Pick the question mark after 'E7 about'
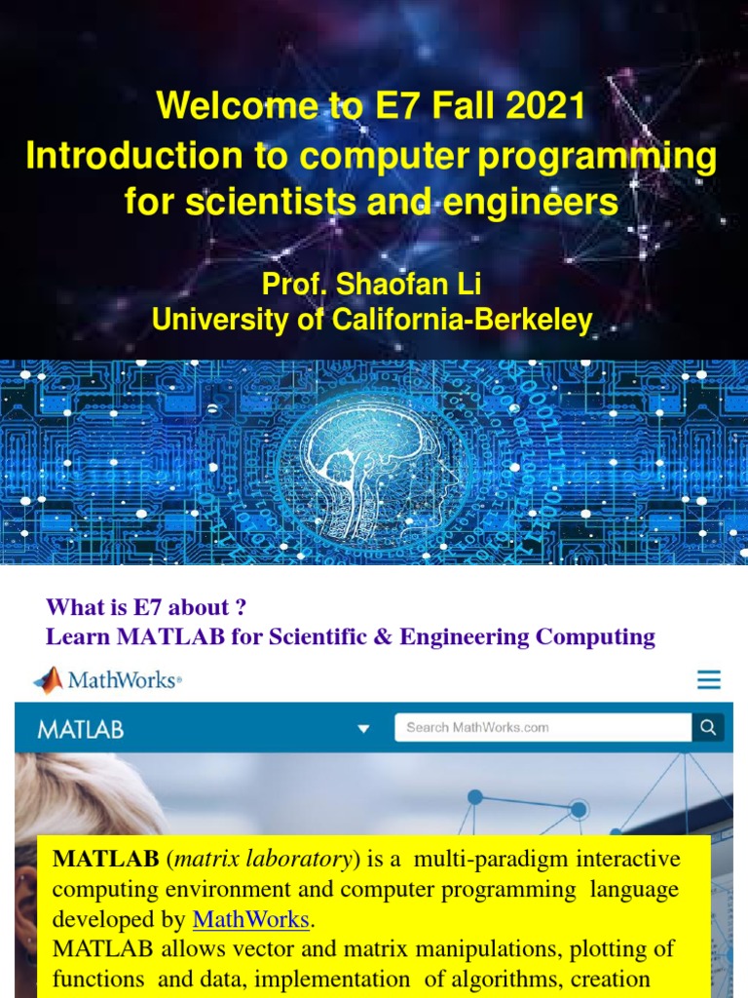pyautogui.click(x=239, y=607)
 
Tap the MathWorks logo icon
pyautogui.click(x=48, y=679)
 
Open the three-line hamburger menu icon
pyautogui.click(x=709, y=680)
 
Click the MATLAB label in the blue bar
pyautogui.click(x=81, y=729)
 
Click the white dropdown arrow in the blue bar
pyautogui.click(x=363, y=729)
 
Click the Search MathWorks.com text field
pyautogui.click(x=542, y=727)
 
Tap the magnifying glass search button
pyautogui.click(x=708, y=727)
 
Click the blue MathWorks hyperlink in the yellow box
pyautogui.click(x=250, y=919)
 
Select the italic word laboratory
pyautogui.click(x=303, y=860)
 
